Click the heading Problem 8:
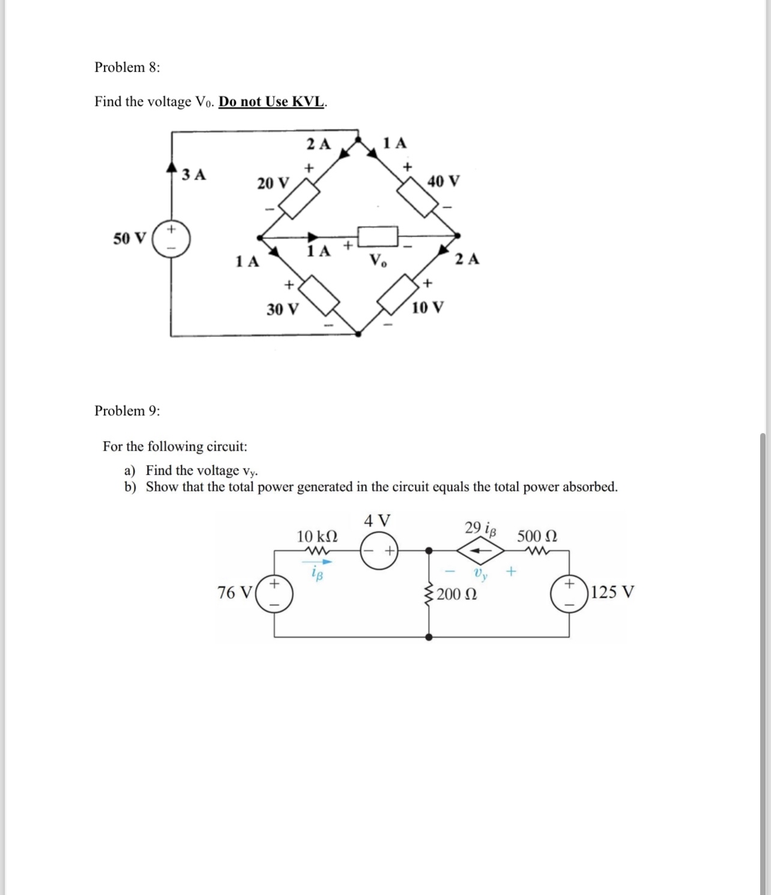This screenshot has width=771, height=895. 127,67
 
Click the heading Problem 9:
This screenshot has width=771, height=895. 127,411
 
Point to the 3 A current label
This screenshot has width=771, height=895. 194,175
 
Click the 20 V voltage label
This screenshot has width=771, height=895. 273,183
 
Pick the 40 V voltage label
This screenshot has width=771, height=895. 444,180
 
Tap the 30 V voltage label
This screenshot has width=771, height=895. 283,309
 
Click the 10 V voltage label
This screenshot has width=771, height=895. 428,308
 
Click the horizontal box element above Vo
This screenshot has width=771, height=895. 378,235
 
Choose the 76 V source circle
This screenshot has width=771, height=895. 275,593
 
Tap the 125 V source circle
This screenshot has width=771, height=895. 569,593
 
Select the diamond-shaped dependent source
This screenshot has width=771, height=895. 480,550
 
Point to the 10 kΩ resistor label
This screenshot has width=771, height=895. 317,536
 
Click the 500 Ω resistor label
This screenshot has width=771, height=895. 537,536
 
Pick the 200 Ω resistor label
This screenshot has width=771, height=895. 457,595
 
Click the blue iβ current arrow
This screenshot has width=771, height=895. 318,562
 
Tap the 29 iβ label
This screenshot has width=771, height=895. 480,529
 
